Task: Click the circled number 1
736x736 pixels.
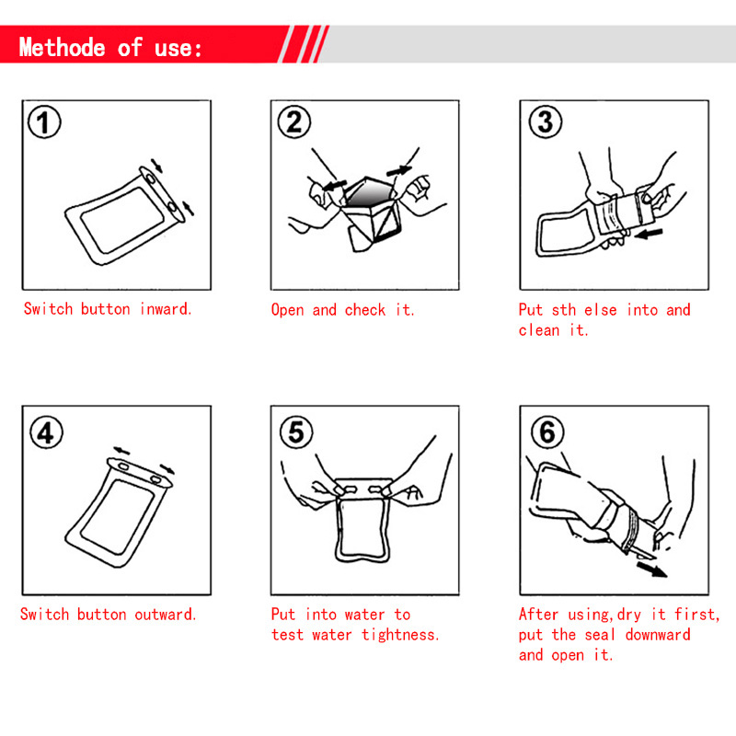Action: (44, 122)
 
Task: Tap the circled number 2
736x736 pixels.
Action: (293, 122)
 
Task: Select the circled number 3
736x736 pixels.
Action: (545, 121)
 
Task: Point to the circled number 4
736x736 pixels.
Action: (46, 432)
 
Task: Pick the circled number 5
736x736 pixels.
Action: (296, 431)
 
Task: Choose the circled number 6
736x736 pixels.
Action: (547, 431)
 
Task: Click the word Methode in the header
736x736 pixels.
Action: (62, 48)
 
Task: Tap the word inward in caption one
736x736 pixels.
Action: (166, 309)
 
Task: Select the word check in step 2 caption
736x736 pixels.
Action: (364, 310)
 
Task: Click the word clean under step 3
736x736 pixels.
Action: (538, 330)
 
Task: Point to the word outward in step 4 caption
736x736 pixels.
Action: (165, 615)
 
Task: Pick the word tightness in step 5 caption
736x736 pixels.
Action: (400, 635)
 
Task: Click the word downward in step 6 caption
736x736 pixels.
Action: (658, 635)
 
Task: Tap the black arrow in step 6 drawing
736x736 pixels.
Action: (651, 569)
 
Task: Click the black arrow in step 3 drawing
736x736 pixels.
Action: (649, 234)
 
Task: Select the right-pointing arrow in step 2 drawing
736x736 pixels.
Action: (398, 171)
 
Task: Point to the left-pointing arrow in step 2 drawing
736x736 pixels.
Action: (335, 185)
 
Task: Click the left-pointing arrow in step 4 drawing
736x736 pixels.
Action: (121, 451)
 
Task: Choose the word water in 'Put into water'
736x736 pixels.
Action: (364, 615)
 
